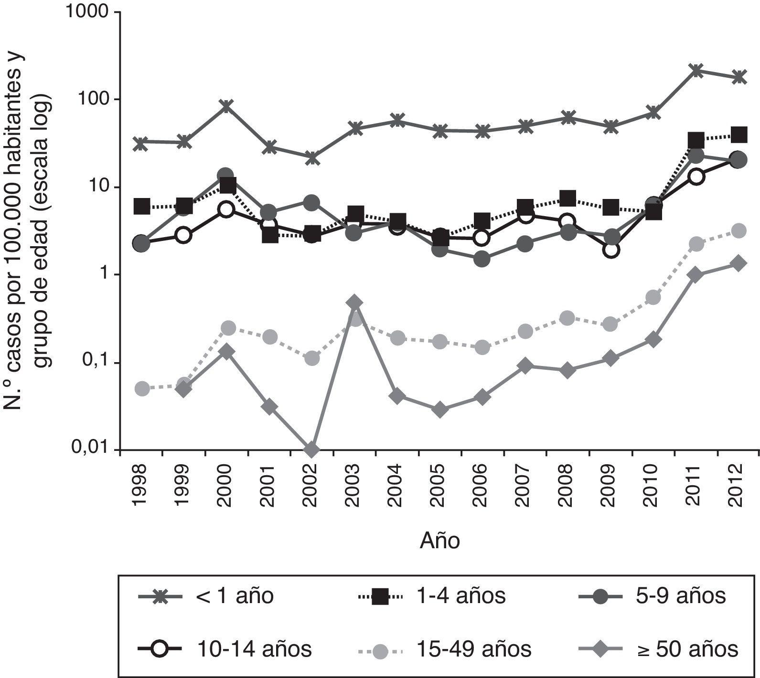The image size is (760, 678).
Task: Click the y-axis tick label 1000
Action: tap(88, 12)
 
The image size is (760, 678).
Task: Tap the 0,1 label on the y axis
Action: tap(96, 363)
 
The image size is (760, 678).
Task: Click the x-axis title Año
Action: tap(439, 542)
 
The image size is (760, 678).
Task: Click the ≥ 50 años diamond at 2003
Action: tap(354, 302)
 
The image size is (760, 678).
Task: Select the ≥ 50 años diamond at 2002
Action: tap(311, 449)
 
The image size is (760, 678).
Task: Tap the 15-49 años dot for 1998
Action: tap(141, 389)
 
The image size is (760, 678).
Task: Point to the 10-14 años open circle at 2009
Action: tap(610, 250)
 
